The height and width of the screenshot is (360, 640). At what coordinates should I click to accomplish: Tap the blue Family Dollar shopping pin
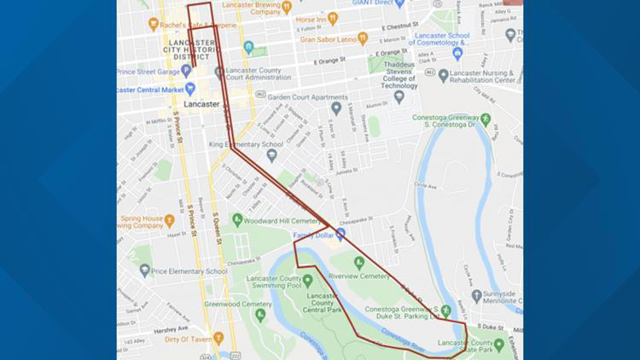coord(340,233)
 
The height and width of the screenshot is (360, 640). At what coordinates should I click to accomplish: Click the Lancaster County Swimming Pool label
coord(273,285)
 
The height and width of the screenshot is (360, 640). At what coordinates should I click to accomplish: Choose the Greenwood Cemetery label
coord(219,303)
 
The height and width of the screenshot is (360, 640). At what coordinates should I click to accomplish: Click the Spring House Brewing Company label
coord(142,222)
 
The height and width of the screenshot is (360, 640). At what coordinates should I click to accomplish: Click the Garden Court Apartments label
coord(296,97)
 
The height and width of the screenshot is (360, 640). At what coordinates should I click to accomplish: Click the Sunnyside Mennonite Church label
coord(497,296)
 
